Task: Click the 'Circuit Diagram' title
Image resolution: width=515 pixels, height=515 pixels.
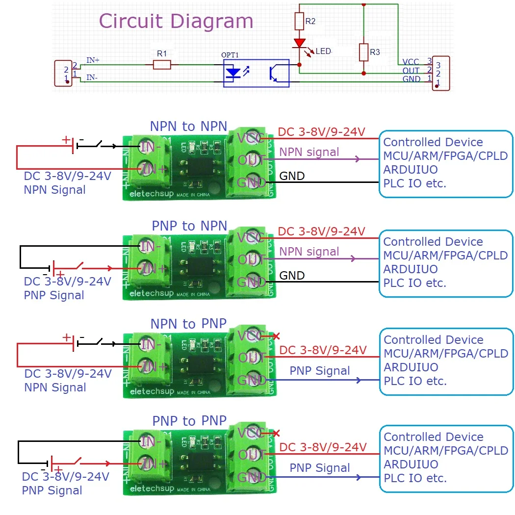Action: pos(176,22)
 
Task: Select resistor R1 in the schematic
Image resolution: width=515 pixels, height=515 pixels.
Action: pos(162,65)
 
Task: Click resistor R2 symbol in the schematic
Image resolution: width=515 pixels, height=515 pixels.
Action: pos(299,22)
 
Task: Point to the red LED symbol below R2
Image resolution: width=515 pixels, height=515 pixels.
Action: pos(299,44)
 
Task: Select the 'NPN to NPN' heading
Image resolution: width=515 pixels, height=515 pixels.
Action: pos(188,127)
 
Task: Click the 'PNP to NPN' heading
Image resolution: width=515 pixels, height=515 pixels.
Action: pos(189,226)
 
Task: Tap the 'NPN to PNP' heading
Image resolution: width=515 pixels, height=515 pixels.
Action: pos(188,324)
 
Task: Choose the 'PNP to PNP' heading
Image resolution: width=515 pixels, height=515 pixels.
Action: pos(189,421)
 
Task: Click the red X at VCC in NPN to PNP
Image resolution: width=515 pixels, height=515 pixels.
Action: pos(276,336)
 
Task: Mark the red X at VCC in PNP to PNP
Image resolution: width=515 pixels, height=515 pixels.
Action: pos(276,433)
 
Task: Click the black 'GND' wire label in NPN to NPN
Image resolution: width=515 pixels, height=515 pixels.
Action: pos(292,176)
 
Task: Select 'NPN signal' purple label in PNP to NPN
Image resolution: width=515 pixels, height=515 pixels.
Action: pos(309,252)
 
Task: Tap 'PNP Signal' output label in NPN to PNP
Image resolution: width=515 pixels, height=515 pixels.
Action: pos(320,371)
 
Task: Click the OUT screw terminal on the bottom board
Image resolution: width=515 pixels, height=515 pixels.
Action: pos(252,454)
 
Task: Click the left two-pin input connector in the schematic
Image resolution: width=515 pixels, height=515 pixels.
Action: pos(63,74)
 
